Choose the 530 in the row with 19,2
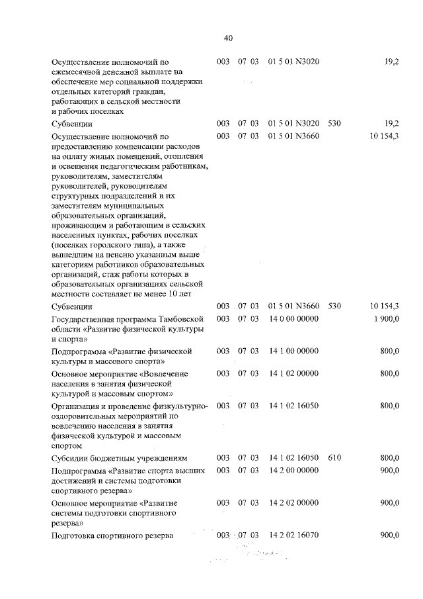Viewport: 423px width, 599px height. tap(334, 124)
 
